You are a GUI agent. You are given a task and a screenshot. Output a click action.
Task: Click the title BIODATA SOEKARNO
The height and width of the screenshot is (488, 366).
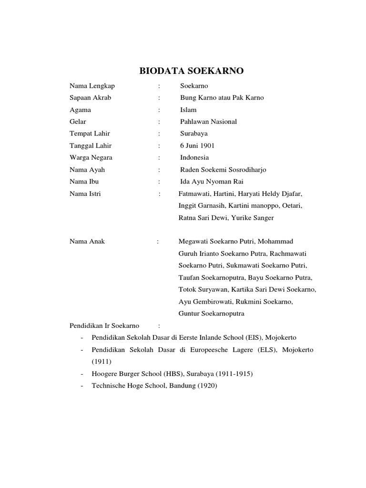(191, 71)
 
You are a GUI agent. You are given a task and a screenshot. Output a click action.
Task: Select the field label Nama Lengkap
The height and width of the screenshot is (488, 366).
(92, 86)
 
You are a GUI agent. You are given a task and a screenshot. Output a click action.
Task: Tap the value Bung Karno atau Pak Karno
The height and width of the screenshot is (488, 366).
(222, 98)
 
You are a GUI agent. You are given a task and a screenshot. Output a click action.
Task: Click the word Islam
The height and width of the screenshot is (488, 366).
(188, 110)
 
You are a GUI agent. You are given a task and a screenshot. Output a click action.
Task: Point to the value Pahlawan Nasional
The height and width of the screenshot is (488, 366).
(208, 122)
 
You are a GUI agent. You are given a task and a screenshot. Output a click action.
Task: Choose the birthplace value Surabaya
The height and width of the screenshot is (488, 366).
(194, 133)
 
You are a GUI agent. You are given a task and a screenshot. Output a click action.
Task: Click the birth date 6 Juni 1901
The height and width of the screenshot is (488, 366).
(197, 145)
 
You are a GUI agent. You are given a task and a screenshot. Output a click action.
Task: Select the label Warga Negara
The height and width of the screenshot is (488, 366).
(91, 157)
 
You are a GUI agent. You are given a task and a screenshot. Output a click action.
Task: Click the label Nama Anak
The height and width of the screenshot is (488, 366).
(87, 242)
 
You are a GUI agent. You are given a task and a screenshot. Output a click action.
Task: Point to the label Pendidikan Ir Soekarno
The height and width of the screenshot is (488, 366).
(104, 326)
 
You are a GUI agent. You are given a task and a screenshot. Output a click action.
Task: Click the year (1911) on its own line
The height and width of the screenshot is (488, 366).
(101, 362)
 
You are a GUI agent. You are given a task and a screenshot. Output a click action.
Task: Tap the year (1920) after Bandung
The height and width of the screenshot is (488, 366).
(207, 386)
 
